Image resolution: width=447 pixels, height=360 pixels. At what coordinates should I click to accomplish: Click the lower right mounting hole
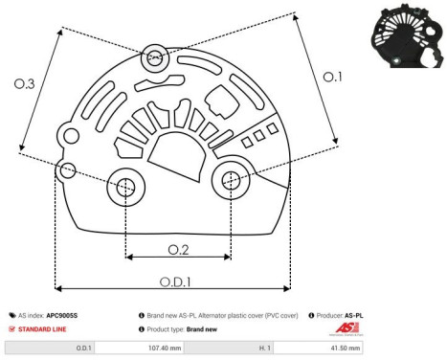[231, 180]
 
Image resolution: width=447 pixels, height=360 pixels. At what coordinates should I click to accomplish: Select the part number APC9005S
[63, 314]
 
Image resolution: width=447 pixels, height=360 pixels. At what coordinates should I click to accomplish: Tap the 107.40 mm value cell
[182, 348]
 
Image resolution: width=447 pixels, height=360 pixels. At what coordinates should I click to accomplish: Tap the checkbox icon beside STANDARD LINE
[12, 328]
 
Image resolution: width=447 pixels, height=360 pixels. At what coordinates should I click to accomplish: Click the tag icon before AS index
[12, 314]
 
